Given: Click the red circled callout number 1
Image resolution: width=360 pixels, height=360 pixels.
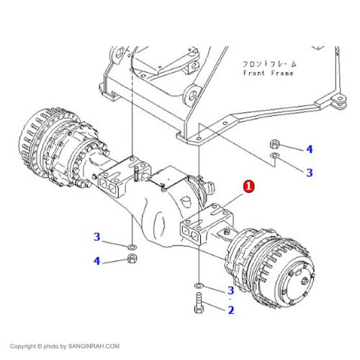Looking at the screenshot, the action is pos(248,186).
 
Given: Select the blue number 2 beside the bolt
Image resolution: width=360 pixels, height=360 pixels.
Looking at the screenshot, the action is pos(231,310).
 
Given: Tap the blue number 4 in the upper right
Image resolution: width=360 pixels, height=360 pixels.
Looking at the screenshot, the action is pos(310,149).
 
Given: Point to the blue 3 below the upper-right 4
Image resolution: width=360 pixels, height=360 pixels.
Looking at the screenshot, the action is pos(310,173).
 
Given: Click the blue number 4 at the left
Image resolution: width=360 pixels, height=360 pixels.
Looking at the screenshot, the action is pos(96,261).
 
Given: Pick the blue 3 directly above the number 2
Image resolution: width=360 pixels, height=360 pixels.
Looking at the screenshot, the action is pos(230,290).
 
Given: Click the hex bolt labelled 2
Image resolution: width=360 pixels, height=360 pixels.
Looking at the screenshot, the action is pos(199,303).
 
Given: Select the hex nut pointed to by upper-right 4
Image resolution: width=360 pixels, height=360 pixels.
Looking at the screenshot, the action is pos(274,144).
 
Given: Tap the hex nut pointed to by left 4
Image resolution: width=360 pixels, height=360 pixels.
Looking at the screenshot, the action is pos(131,258).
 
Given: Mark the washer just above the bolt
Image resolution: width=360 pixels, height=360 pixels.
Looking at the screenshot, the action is pos(199,285).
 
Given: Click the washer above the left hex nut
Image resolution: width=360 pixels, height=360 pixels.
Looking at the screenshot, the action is pos(132,246).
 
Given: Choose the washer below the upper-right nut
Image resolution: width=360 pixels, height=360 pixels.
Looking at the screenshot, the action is pos(274,156).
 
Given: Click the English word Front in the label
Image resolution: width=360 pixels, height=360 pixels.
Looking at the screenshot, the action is pos(253,73).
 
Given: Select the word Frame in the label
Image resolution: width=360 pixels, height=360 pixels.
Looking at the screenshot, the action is pos(282,73).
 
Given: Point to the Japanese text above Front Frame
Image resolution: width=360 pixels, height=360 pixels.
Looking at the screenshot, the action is pos(270,64).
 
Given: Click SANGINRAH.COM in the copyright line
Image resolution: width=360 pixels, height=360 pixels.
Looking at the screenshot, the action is pos(94,346).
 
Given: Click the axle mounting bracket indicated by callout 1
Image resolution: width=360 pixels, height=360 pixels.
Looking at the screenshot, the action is pos(207,225).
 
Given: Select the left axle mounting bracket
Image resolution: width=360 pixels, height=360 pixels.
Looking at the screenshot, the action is pos(124,176).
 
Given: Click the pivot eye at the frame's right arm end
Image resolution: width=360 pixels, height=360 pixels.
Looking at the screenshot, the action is pos(341,99).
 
